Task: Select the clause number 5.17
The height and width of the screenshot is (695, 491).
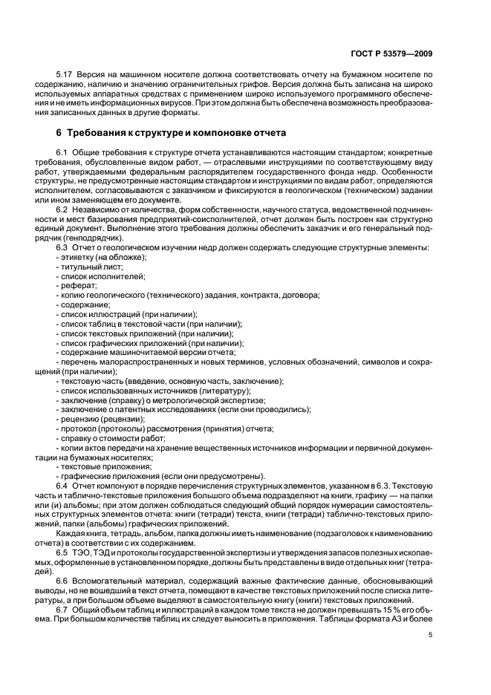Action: pyautogui.click(x=65, y=75)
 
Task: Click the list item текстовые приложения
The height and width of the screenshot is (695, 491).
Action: pyautogui.click(x=100, y=466)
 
